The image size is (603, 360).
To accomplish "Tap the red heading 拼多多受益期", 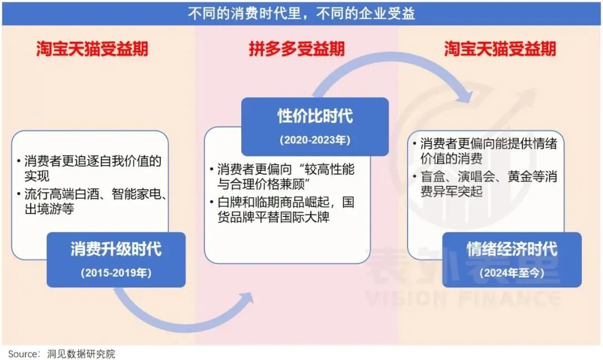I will (296, 49).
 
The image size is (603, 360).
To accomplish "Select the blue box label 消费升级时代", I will (116, 249).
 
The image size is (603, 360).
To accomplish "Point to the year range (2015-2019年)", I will (116, 273).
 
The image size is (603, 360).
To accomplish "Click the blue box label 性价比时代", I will (315, 116).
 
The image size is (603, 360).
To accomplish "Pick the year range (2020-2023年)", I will (315, 140).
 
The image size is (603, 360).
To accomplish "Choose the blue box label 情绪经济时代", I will (511, 249).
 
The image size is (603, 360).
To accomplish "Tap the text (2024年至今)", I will (511, 273).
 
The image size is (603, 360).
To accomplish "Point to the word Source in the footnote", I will (23, 354).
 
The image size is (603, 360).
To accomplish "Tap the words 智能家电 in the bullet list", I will (137, 196).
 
